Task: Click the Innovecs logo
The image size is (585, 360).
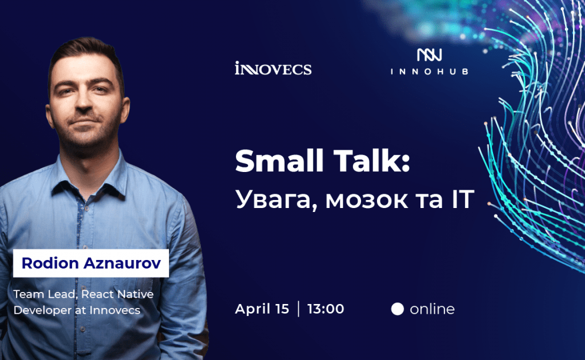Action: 273,68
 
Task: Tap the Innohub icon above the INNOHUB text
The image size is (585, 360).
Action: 430,55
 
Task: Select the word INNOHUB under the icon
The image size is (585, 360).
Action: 430,71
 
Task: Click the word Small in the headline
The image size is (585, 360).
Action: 279,161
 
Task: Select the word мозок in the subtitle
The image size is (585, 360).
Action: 367,201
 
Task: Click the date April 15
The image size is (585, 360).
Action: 262,309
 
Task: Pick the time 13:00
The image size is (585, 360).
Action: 326,309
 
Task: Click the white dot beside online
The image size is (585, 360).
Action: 398,309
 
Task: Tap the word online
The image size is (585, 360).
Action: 432,309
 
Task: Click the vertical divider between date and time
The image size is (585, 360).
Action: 298,309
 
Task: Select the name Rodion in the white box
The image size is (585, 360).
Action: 50,263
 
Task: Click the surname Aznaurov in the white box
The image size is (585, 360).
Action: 122,263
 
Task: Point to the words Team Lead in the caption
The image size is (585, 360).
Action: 45,294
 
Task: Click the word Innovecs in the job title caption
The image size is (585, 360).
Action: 115,310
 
